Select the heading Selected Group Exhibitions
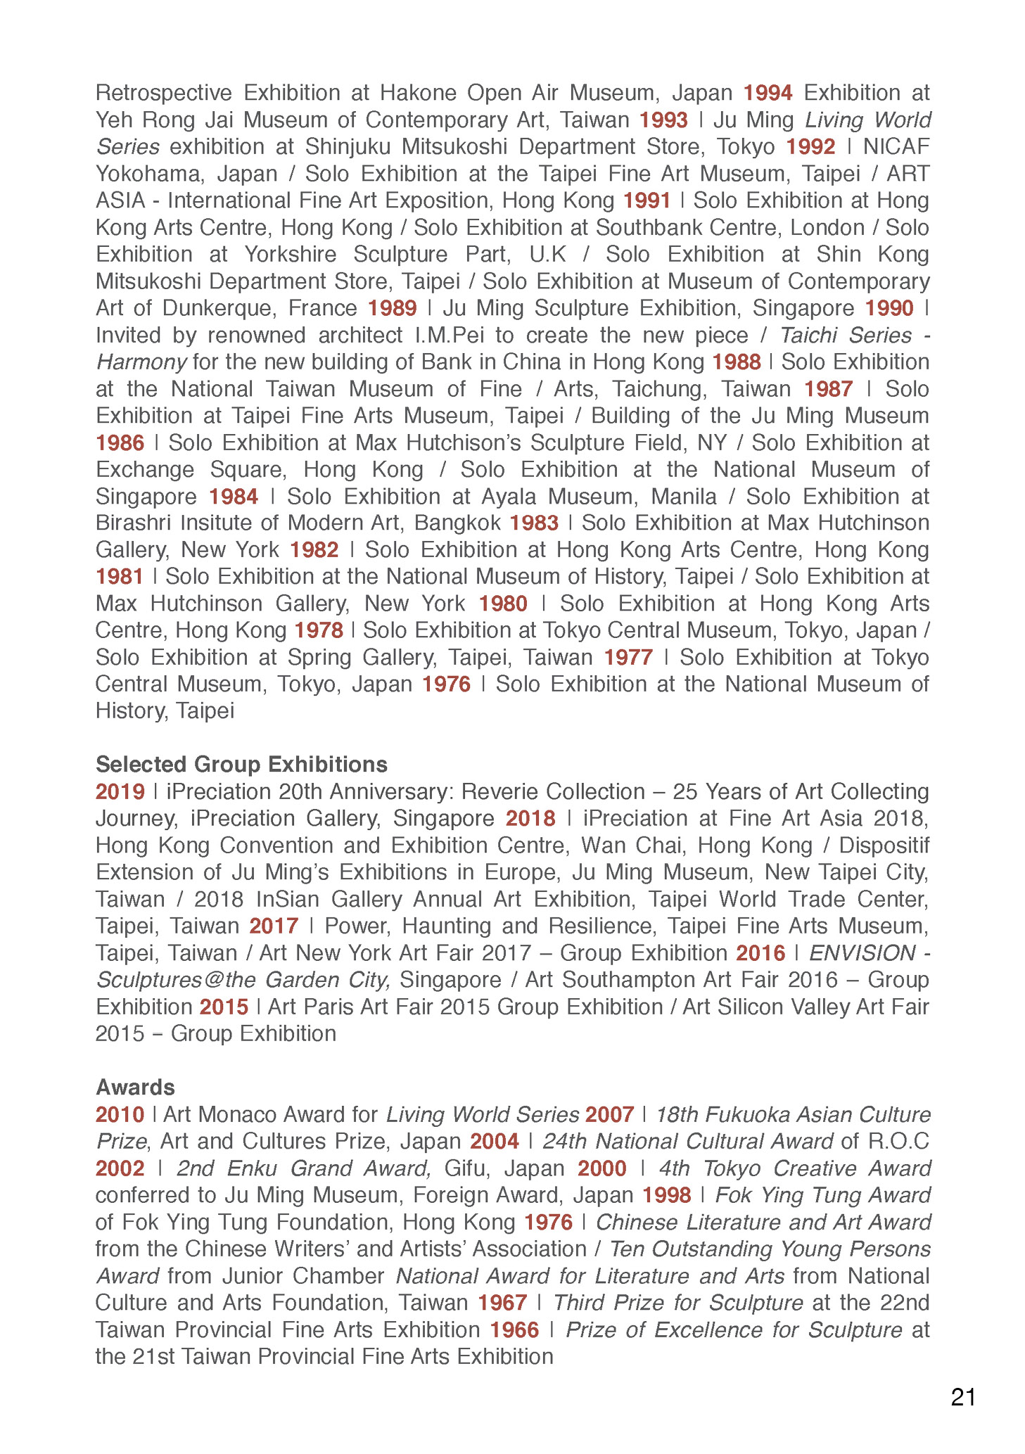click(241, 765)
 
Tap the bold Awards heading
click(135, 1087)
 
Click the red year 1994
click(768, 93)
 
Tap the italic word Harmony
click(141, 362)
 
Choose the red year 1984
click(234, 497)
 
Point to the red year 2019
click(120, 791)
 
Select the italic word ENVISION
click(862, 953)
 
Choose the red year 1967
click(502, 1303)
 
